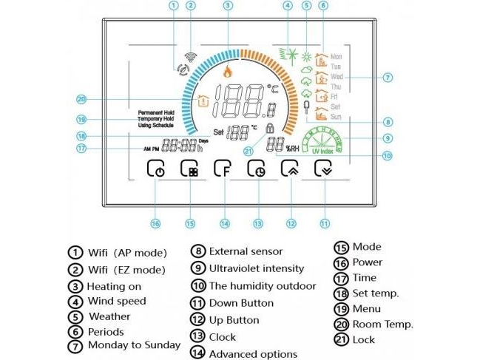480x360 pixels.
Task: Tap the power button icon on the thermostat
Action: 157,170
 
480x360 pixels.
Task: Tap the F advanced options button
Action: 223,170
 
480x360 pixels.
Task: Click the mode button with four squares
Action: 190,170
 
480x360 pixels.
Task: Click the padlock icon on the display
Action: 259,129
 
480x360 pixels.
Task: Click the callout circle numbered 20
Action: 81,99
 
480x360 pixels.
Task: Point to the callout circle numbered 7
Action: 388,77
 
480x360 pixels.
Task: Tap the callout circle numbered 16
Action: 155,223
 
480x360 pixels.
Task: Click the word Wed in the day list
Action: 337,76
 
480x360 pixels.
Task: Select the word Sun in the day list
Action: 336,117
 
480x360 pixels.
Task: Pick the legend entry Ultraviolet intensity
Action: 256,268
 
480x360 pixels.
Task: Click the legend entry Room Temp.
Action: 382,324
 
